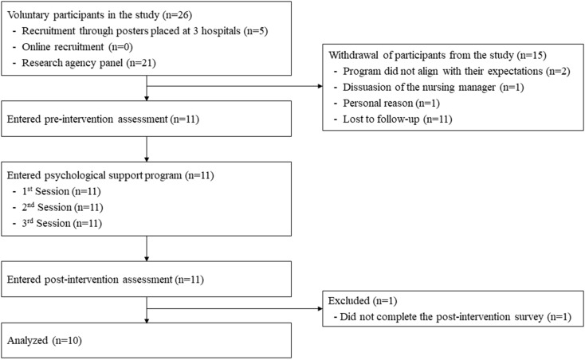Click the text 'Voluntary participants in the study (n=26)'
pyautogui.click(x=100, y=15)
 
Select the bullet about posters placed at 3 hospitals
pyautogui.click(x=145, y=31)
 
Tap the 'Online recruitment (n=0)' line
pyautogui.click(x=77, y=47)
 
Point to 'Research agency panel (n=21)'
pyautogui.click(x=88, y=63)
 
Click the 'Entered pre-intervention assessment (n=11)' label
pyautogui.click(x=103, y=119)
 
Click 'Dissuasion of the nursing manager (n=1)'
pyautogui.click(x=434, y=87)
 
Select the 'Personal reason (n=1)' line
pyautogui.click(x=391, y=104)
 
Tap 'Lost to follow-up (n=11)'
pyautogui.click(x=398, y=119)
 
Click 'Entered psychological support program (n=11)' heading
pyautogui.click(x=111, y=175)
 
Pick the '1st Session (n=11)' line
pyautogui.click(x=61, y=191)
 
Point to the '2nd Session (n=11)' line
pyautogui.click(x=62, y=207)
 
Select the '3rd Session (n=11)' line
pyautogui.click(x=62, y=223)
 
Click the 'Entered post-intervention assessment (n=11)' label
pyautogui.click(x=105, y=280)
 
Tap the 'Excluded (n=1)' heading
pyautogui.click(x=363, y=301)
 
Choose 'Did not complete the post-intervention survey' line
pyautogui.click(x=456, y=317)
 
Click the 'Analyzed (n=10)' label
pyautogui.click(x=45, y=341)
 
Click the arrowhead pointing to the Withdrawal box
pyautogui.click(x=320, y=87)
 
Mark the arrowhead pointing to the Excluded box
pyautogui.click(x=320, y=308)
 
